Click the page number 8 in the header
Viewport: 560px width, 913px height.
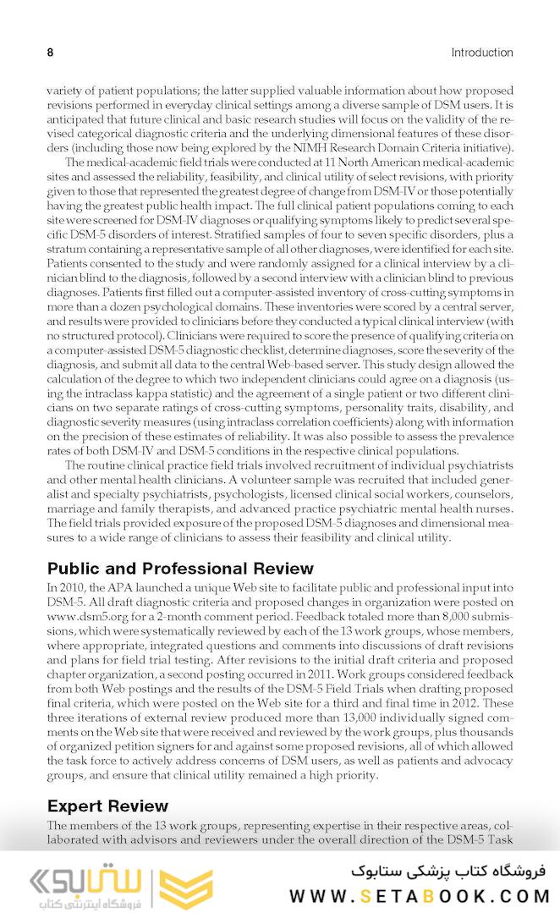coord(50,52)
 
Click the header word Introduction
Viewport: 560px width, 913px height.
coord(481,52)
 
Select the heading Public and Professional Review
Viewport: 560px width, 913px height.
coord(180,569)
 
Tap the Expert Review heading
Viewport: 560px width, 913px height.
coord(107,806)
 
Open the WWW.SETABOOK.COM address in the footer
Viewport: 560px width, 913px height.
coord(420,896)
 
